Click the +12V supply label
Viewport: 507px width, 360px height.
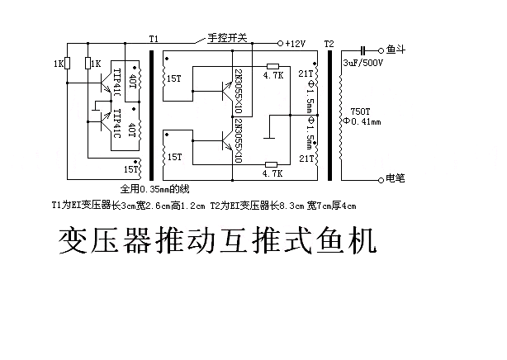(296, 44)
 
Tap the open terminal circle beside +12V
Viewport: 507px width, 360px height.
(281, 43)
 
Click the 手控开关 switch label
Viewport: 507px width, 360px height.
(227, 38)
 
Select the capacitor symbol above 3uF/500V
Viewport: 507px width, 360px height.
(363, 50)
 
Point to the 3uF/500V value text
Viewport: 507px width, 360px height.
(362, 63)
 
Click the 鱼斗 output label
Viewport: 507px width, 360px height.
(396, 50)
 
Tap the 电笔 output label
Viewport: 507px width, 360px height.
(396, 178)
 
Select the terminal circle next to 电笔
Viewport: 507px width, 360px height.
(381, 180)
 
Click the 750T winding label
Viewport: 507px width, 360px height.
(360, 111)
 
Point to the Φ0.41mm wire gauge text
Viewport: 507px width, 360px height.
(362, 121)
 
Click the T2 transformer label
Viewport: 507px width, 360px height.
(329, 44)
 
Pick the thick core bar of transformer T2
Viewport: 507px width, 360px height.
(329, 116)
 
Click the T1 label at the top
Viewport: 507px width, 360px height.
(154, 39)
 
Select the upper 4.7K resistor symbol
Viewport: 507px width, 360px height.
(272, 66)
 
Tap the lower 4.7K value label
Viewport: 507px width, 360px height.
(272, 173)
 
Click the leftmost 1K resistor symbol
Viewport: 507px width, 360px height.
(67, 63)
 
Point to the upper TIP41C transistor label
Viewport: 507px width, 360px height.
(116, 83)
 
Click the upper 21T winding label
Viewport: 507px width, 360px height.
(306, 73)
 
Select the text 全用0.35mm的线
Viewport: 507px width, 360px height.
(154, 189)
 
